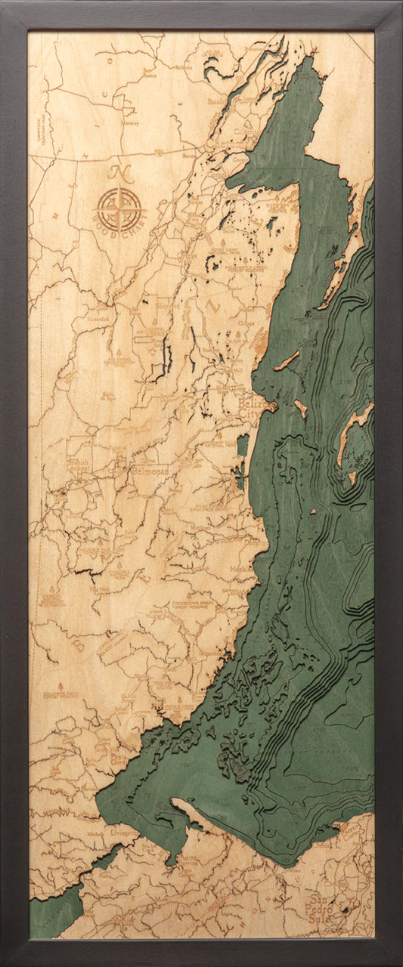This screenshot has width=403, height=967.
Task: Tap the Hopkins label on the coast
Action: [x=246, y=567]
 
